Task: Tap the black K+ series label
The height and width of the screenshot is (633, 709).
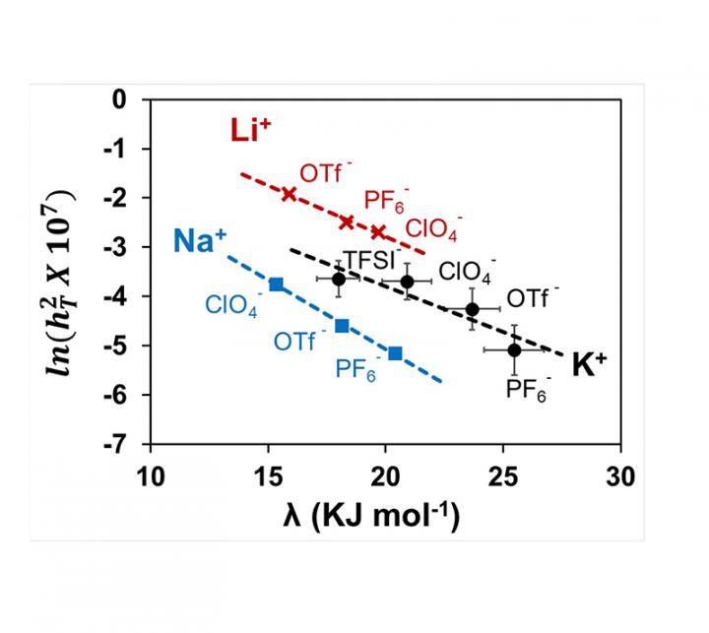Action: [588, 363]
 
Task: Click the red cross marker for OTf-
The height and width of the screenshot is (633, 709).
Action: [289, 194]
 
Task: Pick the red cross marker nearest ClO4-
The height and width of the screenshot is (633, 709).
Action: [378, 232]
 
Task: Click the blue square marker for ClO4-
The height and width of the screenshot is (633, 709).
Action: [276, 285]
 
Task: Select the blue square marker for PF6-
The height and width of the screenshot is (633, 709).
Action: [395, 352]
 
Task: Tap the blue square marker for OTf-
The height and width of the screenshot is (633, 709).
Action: [342, 325]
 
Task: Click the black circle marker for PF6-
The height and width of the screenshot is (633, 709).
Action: [514, 349]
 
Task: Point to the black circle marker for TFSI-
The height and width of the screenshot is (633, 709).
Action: [339, 280]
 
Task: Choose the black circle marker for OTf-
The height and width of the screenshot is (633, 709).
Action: [473, 309]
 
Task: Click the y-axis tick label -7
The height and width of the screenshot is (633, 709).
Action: [126, 444]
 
